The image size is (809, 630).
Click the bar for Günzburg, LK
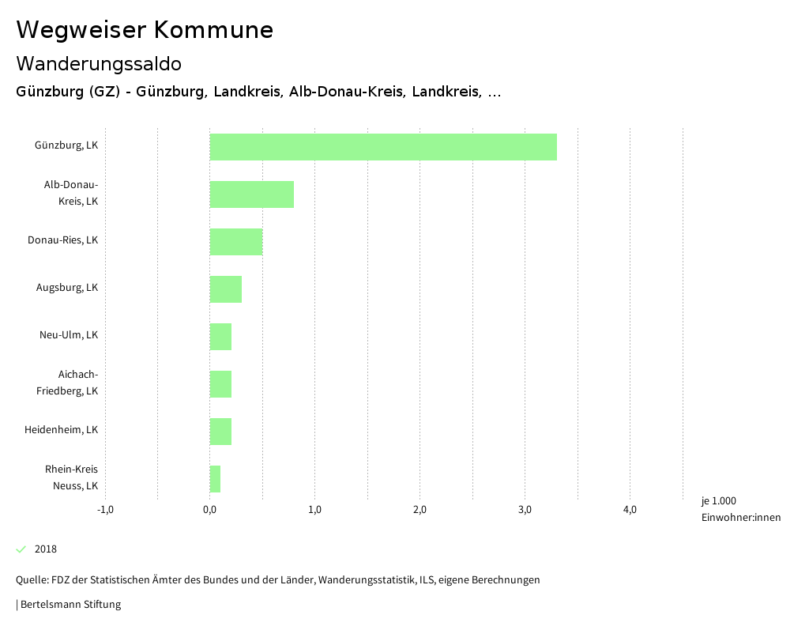383,147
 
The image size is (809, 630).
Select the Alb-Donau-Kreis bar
251,194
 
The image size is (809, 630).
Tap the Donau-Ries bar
235,242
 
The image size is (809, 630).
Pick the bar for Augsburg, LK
225,289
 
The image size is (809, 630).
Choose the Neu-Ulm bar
220,337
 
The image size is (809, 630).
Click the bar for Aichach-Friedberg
220,384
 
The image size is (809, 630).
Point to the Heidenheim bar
220,432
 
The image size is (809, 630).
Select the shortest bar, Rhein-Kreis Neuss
215,479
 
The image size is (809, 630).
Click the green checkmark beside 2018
21,549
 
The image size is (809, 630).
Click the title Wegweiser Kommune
145,30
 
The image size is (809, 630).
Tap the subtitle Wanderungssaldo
99,63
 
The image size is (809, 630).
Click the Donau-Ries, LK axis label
62,240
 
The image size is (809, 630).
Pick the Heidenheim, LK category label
61,430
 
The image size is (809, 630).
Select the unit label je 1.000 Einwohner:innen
740,509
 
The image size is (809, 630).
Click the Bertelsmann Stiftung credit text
70,605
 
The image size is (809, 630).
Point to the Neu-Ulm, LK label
69,335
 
